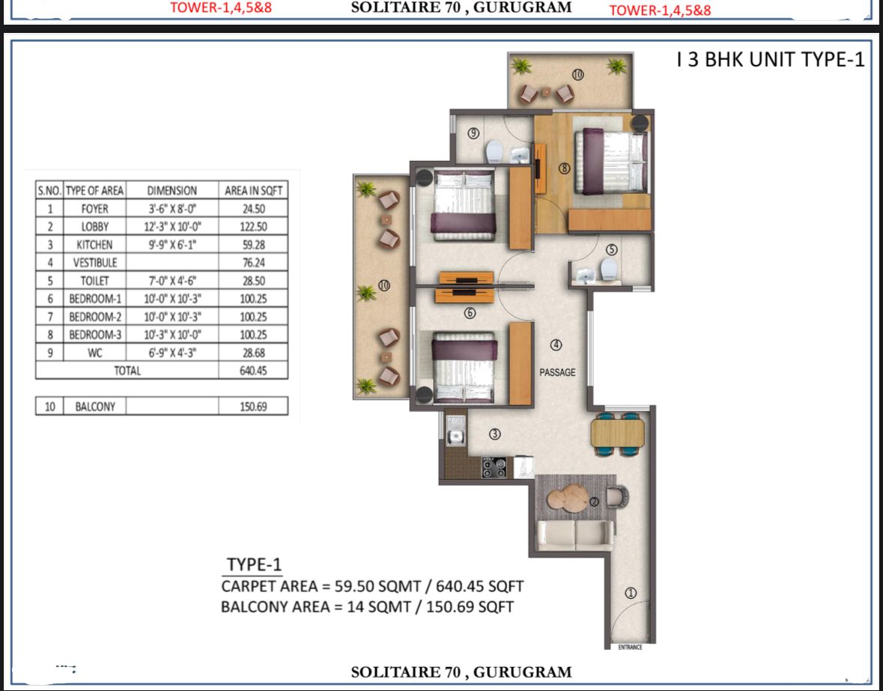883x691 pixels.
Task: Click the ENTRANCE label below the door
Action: (630, 647)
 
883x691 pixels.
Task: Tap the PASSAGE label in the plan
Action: (557, 372)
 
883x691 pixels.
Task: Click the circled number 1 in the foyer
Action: (631, 592)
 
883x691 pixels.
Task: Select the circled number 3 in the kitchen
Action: (494, 434)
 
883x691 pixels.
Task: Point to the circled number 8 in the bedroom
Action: (564, 168)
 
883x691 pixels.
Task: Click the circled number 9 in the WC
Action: (473, 133)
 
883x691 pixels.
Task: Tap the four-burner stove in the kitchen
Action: (494, 467)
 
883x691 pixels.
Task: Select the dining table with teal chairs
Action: (618, 433)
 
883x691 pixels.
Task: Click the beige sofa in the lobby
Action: (575, 535)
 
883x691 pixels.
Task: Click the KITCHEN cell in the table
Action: (94, 245)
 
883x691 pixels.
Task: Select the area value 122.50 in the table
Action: (253, 227)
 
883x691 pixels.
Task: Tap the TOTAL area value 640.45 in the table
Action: (253, 371)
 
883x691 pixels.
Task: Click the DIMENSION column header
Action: (172, 191)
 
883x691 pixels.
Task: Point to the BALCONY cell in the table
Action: (95, 407)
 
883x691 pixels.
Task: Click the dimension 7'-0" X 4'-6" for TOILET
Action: (172, 281)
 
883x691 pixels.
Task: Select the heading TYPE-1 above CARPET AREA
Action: (253, 564)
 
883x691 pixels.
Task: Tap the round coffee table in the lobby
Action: (568, 498)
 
